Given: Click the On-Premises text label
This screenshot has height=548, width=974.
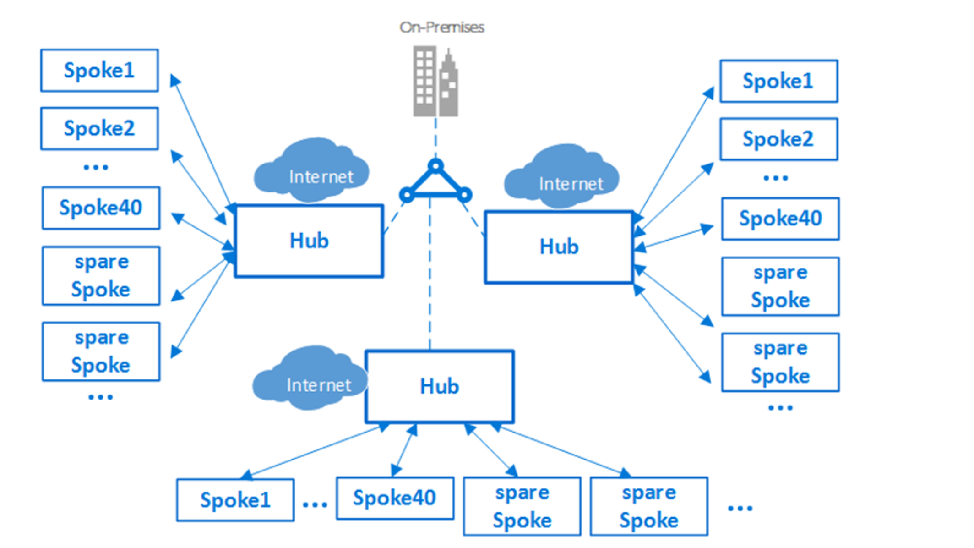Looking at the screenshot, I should pos(442,27).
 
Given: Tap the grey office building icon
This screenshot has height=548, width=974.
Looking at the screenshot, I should pos(435,82).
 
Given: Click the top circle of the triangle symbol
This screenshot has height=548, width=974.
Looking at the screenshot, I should pos(435,165).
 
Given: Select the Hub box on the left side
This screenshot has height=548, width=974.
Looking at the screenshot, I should pos(309,241).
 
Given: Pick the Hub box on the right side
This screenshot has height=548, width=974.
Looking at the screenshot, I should pos(559,247).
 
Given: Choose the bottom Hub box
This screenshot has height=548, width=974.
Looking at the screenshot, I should pos(440,386).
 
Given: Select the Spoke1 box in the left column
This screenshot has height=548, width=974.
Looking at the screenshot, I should pos(99,71).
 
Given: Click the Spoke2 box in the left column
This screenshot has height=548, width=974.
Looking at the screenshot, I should pos(99,129).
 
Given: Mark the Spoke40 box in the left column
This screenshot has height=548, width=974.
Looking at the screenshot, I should pos(101,208).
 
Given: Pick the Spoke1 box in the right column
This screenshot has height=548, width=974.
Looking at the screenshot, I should pos(778,81).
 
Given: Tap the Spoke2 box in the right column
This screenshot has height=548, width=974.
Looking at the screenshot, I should pos(778,139).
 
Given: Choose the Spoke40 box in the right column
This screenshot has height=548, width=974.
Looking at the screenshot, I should pos(780,219).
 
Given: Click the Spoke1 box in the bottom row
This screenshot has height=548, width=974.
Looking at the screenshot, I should pos(235,500).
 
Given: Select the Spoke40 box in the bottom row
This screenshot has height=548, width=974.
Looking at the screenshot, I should pos(395,498).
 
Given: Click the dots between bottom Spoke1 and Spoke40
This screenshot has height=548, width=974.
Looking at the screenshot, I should pos(315,505).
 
